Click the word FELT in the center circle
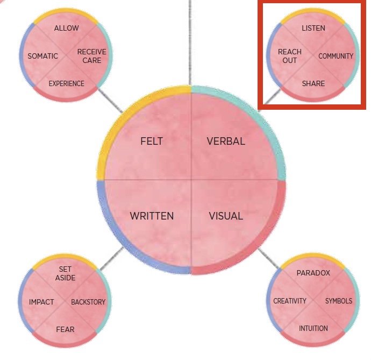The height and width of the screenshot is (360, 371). (x=151, y=142)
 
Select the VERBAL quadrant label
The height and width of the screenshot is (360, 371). (x=226, y=142)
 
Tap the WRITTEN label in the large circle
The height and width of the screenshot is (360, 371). (x=152, y=216)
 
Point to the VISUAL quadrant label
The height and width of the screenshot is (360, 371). (x=226, y=216)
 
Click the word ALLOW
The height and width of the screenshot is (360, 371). (x=66, y=28)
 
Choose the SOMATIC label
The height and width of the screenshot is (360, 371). (x=42, y=56)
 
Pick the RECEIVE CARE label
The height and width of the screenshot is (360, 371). (x=91, y=56)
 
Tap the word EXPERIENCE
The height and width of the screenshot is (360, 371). (x=66, y=83)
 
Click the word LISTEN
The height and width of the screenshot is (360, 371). (x=313, y=28)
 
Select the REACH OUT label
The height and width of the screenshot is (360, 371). (x=290, y=56)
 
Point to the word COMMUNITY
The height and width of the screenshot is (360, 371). (x=336, y=56)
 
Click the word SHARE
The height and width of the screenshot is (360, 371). (x=313, y=83)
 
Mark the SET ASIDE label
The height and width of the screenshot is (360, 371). (x=65, y=273)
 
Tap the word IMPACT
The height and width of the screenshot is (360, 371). (x=41, y=302)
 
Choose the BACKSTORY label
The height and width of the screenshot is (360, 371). (x=88, y=302)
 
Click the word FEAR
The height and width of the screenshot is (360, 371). (x=65, y=328)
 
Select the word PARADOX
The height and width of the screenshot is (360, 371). (x=313, y=273)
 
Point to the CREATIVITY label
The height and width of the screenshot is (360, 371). (x=289, y=301)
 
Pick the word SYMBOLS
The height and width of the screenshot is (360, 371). (x=339, y=301)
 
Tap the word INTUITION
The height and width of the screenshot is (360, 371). (x=313, y=328)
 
